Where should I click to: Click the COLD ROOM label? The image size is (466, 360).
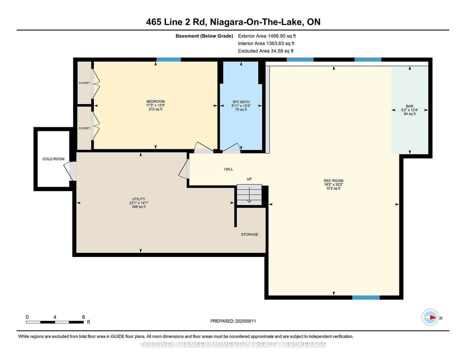53,159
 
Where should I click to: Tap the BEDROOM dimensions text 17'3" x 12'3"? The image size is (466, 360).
156,105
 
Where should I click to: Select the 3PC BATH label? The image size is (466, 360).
241,102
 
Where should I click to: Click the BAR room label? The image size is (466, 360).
409,106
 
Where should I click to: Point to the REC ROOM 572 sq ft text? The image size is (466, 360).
333,188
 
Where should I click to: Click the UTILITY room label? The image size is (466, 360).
139,199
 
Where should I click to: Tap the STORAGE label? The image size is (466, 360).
249,234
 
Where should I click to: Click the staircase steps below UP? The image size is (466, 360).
249,195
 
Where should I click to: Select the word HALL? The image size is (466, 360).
229,169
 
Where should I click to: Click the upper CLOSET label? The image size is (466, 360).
84,83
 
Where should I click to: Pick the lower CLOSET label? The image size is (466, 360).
84,128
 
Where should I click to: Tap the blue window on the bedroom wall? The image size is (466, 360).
168,60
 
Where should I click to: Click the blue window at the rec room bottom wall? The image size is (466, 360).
366,297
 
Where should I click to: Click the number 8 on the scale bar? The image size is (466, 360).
84,317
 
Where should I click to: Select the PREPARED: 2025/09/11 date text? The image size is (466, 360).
233,321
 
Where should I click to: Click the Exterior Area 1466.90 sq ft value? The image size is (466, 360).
267,36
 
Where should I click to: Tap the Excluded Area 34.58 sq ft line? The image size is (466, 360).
266,51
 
